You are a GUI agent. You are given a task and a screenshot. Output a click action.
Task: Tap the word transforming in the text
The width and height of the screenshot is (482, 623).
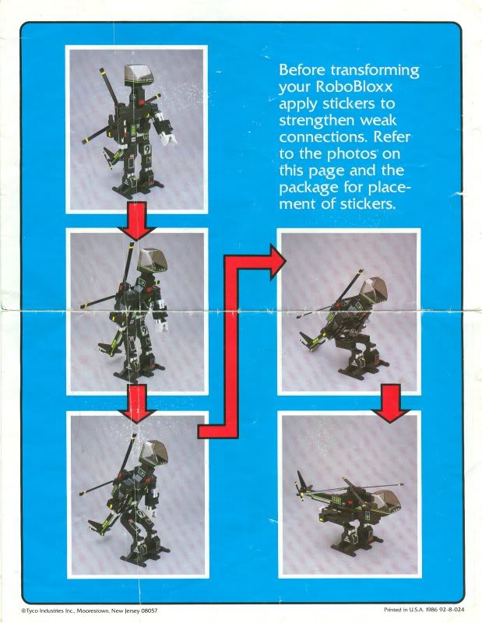(375, 71)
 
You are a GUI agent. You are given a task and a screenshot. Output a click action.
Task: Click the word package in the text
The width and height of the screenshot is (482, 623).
(307, 188)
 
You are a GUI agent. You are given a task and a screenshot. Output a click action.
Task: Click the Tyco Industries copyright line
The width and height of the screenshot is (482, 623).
(89, 611)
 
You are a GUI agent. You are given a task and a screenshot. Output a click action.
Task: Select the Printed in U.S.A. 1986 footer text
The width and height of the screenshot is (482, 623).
(424, 610)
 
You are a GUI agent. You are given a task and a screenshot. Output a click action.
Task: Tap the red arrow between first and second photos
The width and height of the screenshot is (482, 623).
(136, 220)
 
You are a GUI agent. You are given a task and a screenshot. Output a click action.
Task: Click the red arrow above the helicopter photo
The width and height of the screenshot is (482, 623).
(391, 403)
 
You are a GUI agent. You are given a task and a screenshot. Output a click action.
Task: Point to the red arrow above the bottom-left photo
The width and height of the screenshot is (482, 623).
(138, 403)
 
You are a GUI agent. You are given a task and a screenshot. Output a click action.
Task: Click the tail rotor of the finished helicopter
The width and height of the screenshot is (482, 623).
(301, 485)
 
